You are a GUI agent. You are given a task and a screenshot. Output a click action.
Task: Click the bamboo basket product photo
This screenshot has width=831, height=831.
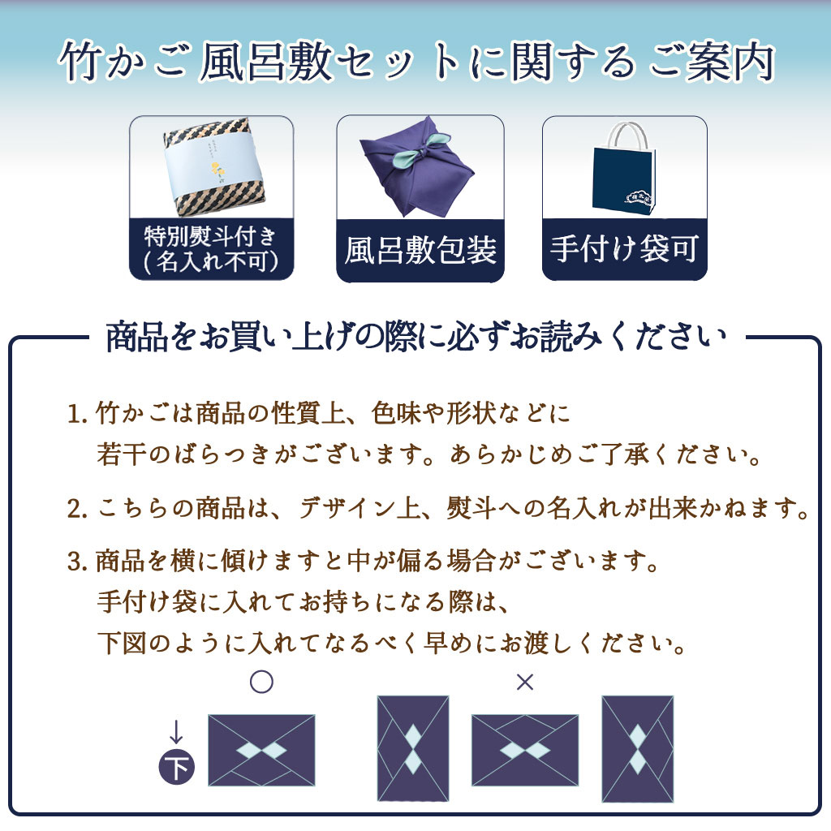tap(213, 166)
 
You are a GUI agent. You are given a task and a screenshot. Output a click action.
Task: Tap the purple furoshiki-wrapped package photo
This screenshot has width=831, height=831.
tap(417, 169)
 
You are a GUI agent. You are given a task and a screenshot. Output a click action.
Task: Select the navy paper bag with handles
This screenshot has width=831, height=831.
tap(624, 168)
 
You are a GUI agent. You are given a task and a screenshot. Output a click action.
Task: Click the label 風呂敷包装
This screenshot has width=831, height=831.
tap(420, 250)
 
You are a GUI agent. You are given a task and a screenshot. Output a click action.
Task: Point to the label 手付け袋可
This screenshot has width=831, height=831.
tap(624, 248)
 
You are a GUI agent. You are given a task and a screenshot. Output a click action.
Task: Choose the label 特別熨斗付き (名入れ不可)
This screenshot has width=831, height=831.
tap(211, 249)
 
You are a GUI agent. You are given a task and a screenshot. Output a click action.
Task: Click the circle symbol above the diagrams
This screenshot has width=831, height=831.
tap(261, 682)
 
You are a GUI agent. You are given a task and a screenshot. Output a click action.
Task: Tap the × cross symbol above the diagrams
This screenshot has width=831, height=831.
tap(525, 682)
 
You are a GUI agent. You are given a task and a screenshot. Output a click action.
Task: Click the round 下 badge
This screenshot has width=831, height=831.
tap(176, 767)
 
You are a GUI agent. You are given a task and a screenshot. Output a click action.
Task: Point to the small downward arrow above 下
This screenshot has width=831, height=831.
tap(176, 732)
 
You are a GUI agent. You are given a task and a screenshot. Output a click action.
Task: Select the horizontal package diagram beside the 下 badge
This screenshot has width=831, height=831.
tap(262, 750)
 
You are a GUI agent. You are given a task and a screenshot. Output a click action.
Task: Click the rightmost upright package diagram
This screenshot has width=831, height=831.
tap(638, 749)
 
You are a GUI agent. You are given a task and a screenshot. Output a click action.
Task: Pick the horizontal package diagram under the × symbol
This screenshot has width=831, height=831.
tap(525, 750)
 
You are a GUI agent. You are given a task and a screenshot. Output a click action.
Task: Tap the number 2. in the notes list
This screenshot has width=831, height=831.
tap(77, 509)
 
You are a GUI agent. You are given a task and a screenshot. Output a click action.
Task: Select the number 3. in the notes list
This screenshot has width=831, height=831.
tap(77, 562)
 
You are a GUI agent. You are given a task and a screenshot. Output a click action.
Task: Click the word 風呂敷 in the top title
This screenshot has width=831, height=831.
tap(266, 62)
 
